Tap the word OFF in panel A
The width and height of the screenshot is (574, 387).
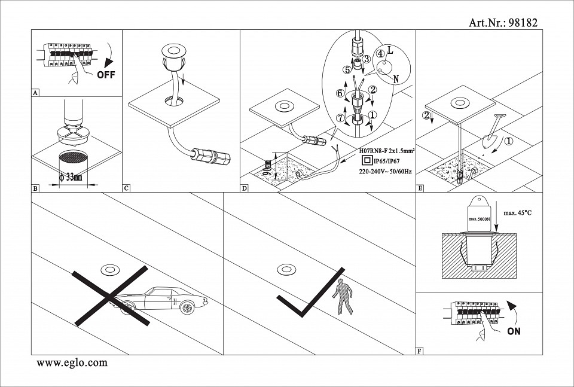click(105, 75)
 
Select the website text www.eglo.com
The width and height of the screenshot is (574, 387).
click(72, 362)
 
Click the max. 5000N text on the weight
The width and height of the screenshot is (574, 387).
click(480, 219)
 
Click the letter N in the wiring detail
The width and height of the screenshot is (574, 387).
click(395, 78)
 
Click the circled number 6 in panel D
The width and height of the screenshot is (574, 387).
click(340, 93)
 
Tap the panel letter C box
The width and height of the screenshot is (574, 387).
click(126, 188)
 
